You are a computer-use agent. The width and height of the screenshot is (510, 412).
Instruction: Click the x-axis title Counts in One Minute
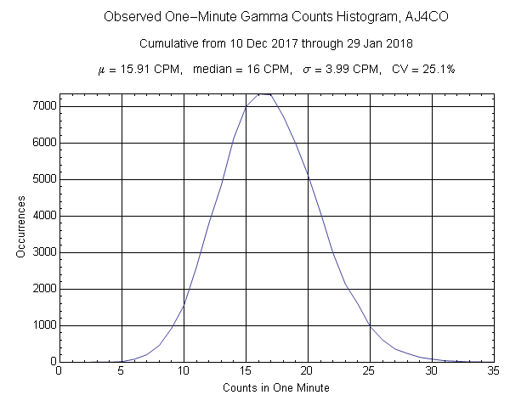[276, 388]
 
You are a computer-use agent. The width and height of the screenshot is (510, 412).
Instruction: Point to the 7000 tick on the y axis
[43, 106]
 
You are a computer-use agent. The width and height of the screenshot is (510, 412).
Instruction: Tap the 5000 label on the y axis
[43, 179]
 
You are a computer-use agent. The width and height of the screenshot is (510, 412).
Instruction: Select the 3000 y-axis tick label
[43, 252]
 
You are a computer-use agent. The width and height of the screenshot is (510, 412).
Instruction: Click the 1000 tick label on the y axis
[43, 325]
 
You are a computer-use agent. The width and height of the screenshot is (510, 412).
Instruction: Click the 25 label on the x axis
[370, 371]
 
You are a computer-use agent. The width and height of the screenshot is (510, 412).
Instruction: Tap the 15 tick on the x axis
[246, 371]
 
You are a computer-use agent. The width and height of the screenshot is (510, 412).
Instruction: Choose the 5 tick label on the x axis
[122, 371]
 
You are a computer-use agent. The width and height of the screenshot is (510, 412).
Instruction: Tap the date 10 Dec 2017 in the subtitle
[255, 43]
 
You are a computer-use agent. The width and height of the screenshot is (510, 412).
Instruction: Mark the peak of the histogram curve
[264, 94]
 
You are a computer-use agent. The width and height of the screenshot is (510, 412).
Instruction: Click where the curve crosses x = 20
[308, 176]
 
